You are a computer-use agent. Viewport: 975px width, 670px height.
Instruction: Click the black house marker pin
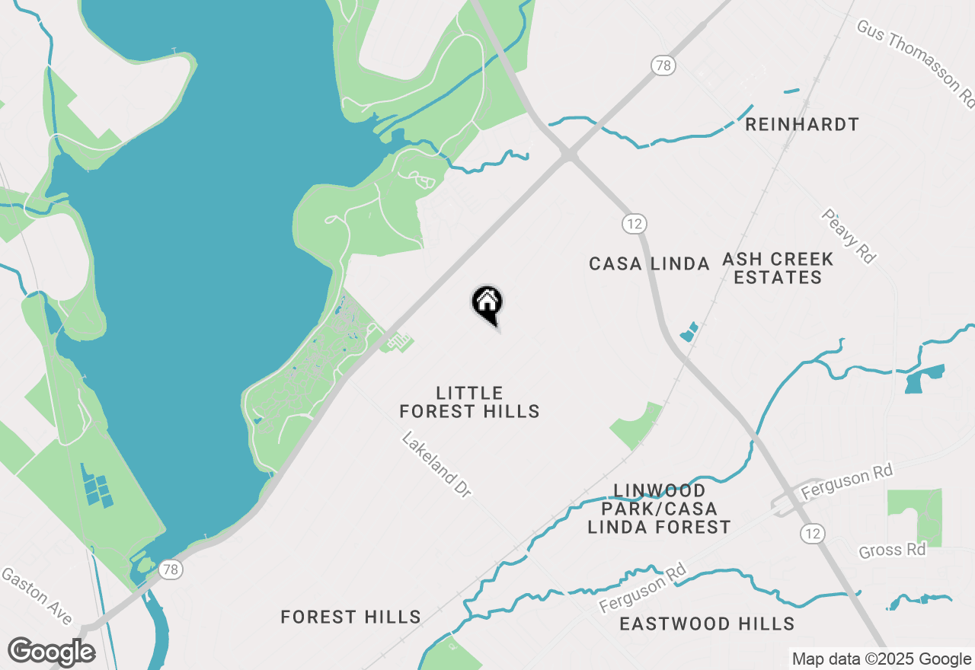coord(487,304)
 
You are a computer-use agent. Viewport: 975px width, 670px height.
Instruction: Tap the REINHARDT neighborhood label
coord(802,124)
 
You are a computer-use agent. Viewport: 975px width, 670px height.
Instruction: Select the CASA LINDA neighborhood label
coord(649,263)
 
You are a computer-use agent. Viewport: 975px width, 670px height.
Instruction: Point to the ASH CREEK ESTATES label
coord(778,268)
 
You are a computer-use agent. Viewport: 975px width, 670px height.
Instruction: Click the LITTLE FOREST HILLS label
coord(469,402)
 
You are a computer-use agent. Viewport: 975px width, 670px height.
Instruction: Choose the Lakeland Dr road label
coord(436,465)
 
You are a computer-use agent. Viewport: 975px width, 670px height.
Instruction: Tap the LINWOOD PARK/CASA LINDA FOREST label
coord(659,508)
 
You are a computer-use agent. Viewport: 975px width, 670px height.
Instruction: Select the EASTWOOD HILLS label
coord(707,624)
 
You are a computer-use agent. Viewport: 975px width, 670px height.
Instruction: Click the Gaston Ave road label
coord(37,596)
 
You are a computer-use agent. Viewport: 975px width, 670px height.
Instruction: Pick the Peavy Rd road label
coord(848,236)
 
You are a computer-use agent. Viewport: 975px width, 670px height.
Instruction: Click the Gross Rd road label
coord(892,550)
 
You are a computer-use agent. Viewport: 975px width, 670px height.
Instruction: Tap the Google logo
coord(51,652)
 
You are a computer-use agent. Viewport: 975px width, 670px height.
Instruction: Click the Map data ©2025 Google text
coord(881,659)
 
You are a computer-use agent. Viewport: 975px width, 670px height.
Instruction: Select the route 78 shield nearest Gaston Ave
coord(170,568)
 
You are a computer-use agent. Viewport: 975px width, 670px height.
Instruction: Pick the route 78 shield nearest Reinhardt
coord(663,65)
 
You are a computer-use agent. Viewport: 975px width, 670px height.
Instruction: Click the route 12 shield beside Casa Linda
coord(634,224)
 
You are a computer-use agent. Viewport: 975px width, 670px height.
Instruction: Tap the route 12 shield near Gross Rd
coord(813,533)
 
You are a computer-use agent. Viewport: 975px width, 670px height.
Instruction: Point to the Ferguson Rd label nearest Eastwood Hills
coord(643,588)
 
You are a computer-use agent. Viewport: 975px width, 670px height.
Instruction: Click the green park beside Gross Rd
coord(916,513)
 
